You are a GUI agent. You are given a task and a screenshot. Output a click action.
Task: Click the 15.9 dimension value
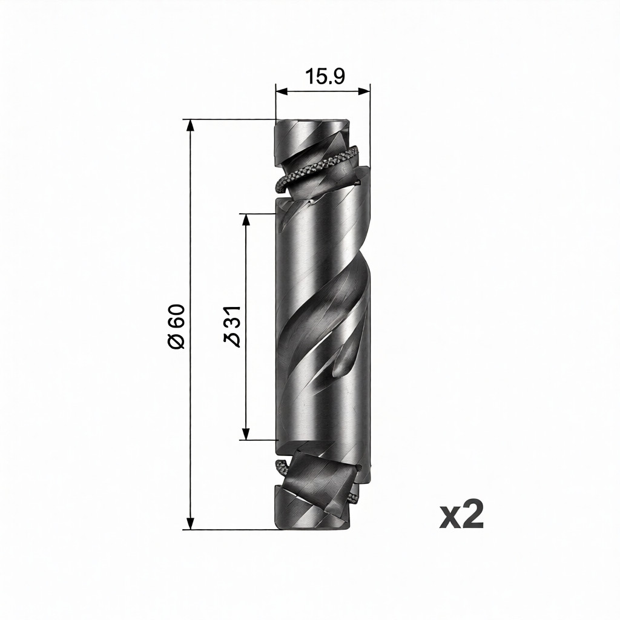[325, 77]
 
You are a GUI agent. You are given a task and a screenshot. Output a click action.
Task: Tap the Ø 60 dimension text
[176, 326]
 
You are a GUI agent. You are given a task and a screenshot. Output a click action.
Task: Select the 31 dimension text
[232, 317]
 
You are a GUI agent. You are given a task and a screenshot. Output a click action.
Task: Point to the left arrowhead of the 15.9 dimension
[282, 91]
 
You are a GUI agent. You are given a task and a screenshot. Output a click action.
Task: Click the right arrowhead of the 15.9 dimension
[364, 91]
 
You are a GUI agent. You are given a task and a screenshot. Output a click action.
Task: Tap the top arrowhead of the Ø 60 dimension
[191, 125]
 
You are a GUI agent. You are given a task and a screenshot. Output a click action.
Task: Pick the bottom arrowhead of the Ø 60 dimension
[191, 523]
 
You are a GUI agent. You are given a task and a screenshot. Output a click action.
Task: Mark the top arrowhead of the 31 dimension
[246, 220]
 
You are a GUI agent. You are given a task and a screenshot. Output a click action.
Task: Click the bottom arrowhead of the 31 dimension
[246, 434]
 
